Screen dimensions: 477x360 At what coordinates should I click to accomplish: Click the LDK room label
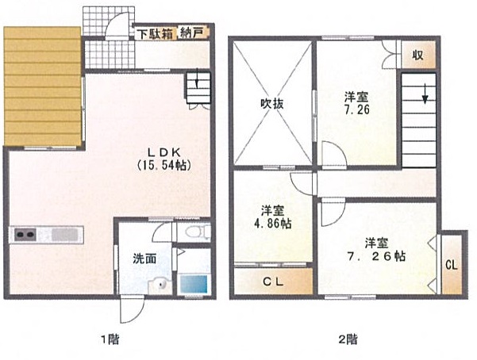(x=164, y=151)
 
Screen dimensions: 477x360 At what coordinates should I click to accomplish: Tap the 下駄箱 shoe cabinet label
(x=155, y=33)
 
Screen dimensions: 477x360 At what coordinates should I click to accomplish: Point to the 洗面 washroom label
(x=144, y=259)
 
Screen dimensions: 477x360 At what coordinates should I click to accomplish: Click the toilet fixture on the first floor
(x=196, y=232)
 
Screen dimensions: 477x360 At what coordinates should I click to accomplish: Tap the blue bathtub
(x=194, y=284)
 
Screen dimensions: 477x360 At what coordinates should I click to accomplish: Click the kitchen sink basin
(x=64, y=235)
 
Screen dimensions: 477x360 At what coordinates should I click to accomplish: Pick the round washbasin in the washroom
(x=161, y=284)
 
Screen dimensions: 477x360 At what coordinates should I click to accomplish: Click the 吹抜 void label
(x=272, y=104)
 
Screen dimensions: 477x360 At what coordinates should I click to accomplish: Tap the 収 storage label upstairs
(x=418, y=55)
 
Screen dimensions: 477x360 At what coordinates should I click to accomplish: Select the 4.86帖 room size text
(x=272, y=224)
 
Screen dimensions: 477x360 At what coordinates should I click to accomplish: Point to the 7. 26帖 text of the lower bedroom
(x=377, y=256)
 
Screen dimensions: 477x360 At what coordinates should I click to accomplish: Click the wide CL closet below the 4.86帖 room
(x=273, y=281)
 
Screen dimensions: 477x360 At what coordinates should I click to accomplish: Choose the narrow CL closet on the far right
(x=452, y=265)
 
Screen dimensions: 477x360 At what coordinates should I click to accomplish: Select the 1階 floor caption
(x=110, y=339)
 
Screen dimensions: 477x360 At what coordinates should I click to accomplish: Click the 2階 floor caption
(x=348, y=339)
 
